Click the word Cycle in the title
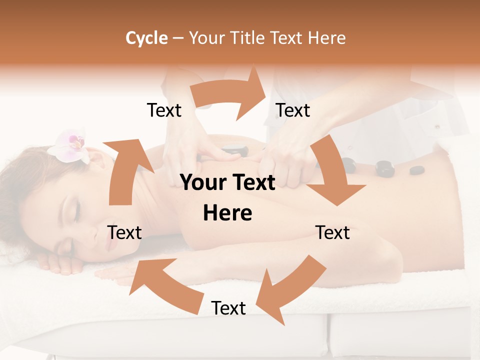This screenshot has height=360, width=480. tap(146, 38)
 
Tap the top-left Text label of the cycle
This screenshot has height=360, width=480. tap(164, 110)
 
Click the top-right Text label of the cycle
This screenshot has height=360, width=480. tap(293, 110)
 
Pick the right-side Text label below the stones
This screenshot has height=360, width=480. tap(332, 232)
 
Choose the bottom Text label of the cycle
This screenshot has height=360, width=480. tap(228, 308)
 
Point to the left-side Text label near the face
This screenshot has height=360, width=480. tap(124, 232)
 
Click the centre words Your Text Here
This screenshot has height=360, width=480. tap(227, 198)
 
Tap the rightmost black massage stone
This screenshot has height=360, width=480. tap(416, 170)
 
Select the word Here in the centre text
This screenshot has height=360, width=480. tap(227, 213)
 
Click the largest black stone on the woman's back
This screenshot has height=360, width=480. tap(385, 168)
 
